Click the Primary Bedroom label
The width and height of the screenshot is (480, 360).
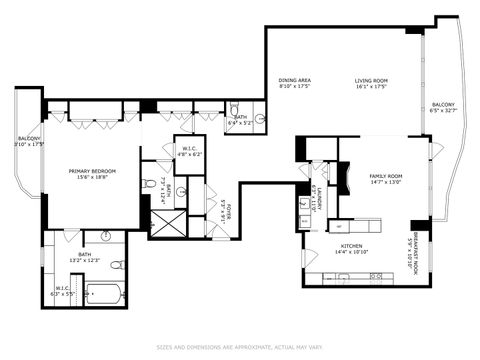click(x=92, y=171)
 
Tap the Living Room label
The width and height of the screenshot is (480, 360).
click(x=372, y=81)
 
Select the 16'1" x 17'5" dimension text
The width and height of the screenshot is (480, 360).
click(x=372, y=88)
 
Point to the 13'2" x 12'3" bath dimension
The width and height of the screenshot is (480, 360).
click(x=84, y=262)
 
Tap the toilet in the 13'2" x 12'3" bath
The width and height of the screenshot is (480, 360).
click(x=117, y=265)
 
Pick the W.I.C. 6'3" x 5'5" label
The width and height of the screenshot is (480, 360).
click(x=62, y=291)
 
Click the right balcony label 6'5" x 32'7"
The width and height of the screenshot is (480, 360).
click(x=443, y=108)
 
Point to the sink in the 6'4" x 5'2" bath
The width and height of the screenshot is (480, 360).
click(x=259, y=119)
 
